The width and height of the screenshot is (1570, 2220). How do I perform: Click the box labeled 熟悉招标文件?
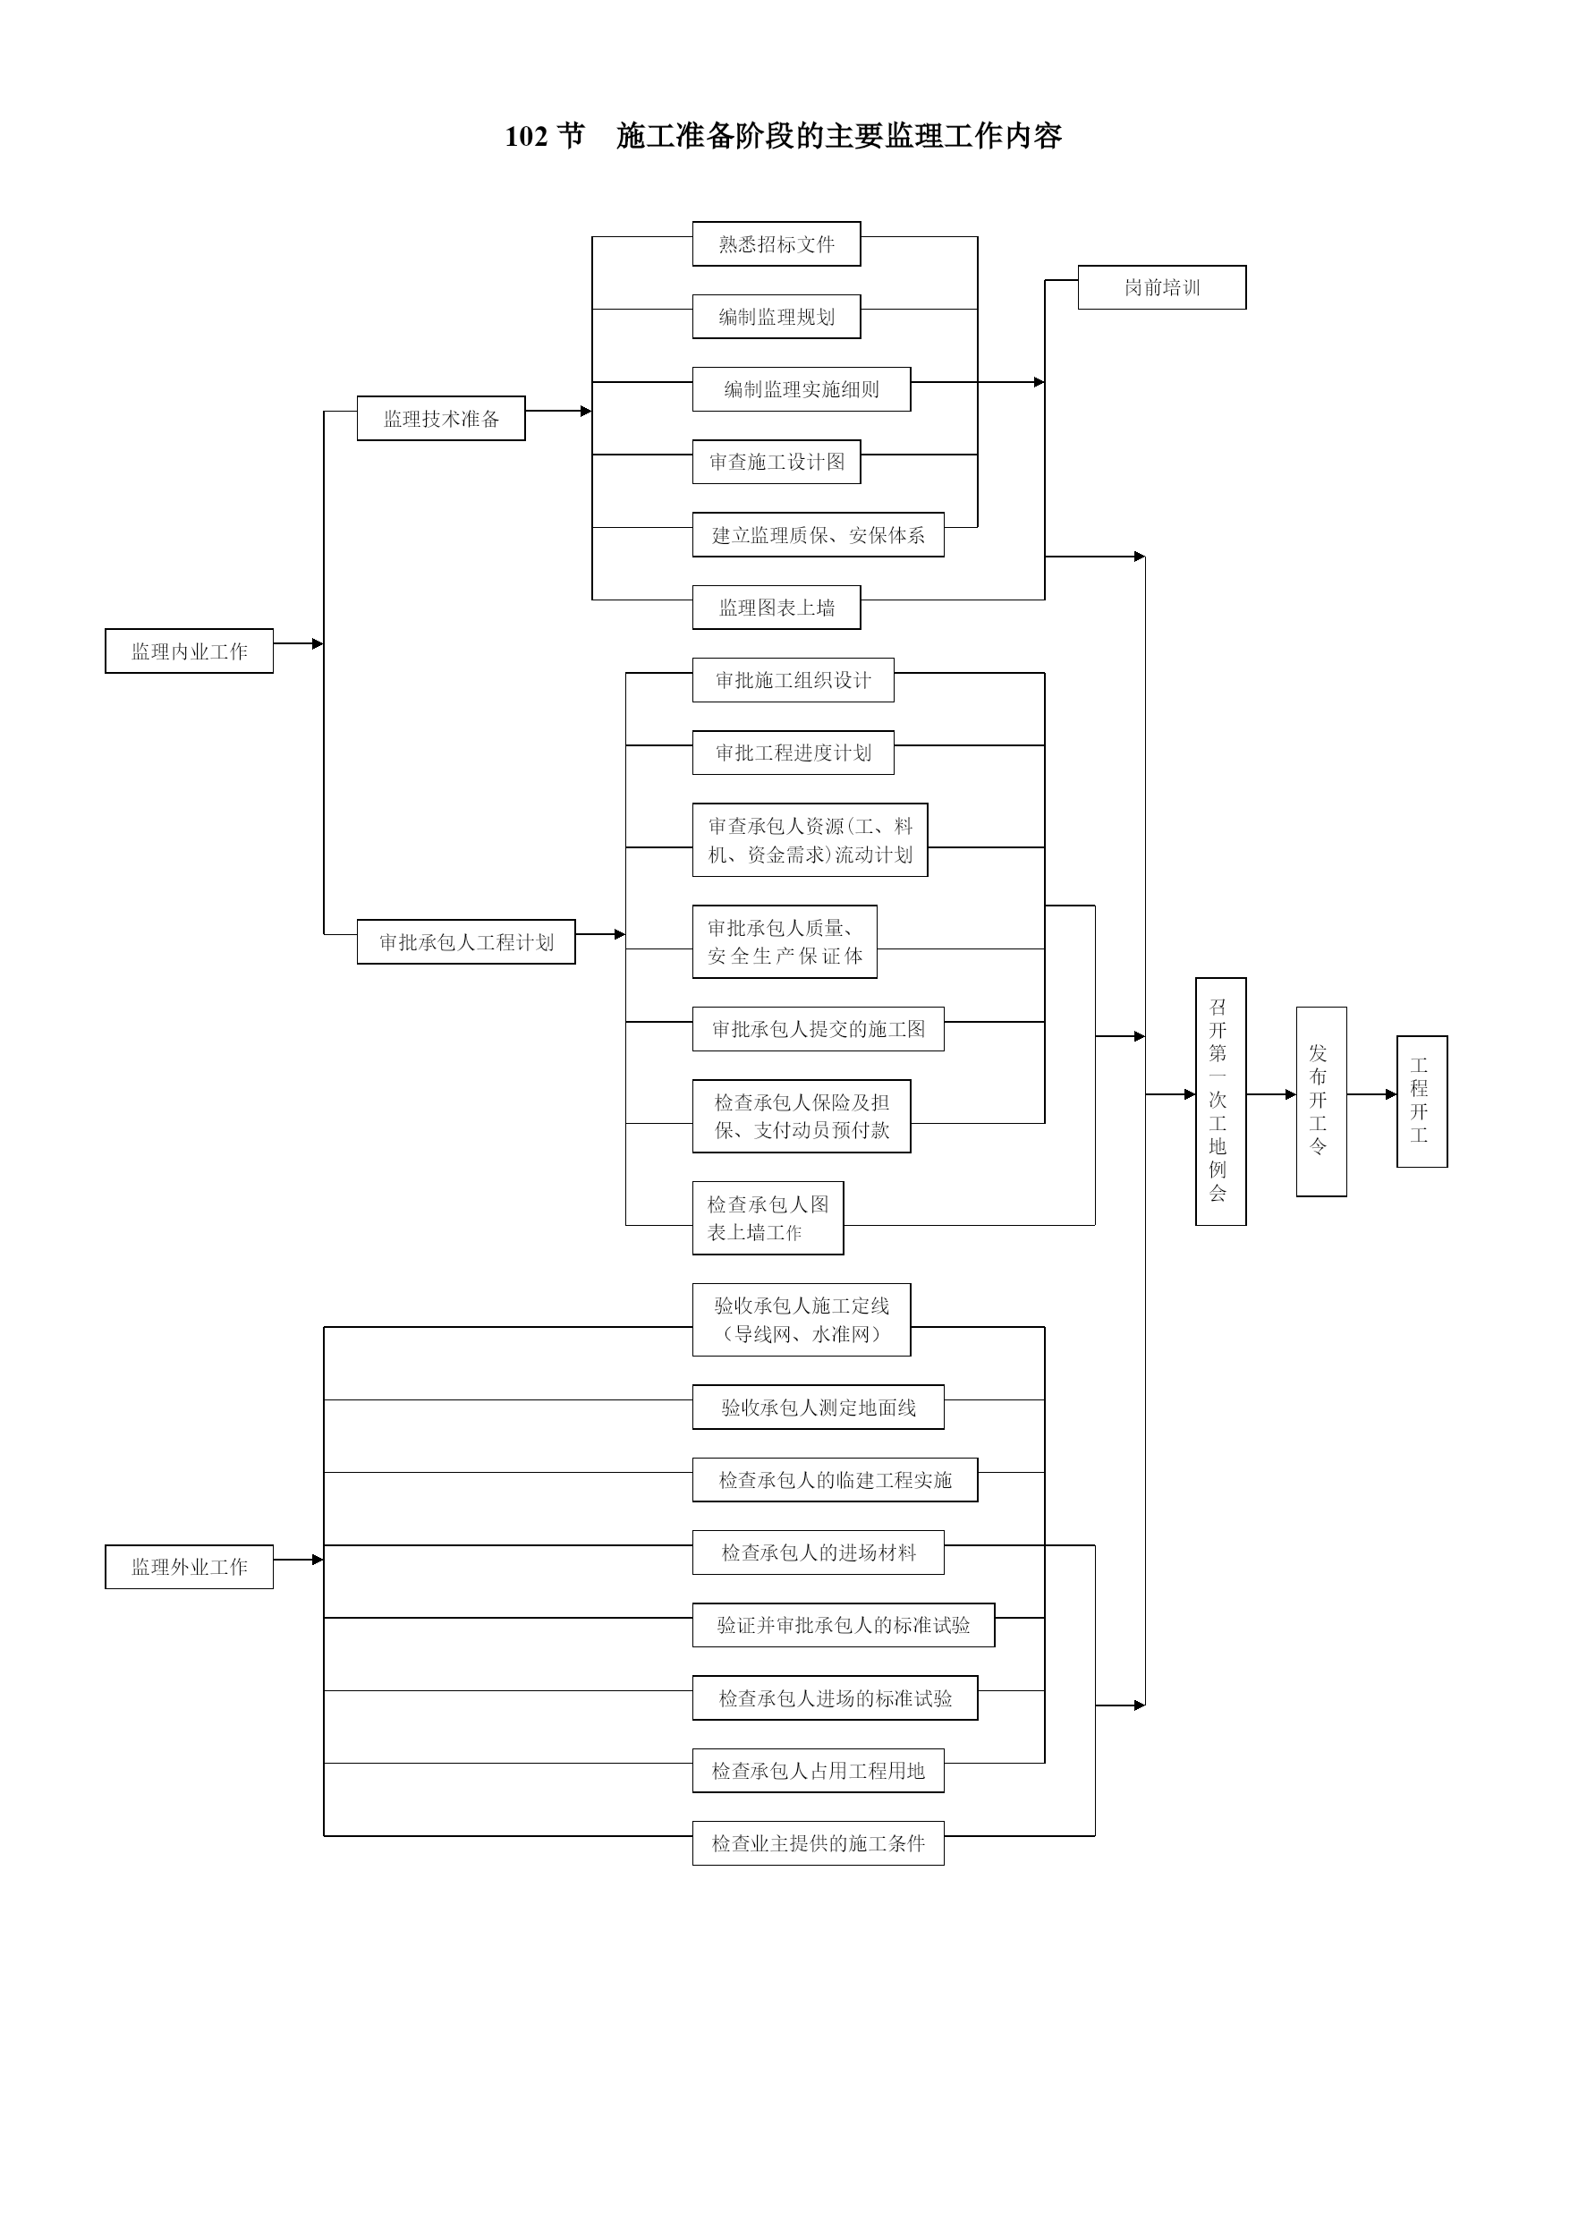(x=777, y=243)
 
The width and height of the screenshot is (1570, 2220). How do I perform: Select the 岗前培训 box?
(x=1162, y=287)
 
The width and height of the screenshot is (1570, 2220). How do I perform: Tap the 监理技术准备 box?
(x=441, y=419)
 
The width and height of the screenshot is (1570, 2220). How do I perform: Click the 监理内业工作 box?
(x=190, y=651)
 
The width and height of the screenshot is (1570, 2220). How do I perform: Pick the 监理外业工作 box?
(x=190, y=1567)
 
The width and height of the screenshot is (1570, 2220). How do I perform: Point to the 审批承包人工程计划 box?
(x=466, y=941)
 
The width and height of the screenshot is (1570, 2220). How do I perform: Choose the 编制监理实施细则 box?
(x=802, y=388)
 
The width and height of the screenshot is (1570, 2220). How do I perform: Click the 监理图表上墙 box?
(x=777, y=608)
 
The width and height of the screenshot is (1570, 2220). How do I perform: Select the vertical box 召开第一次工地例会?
(x=1221, y=1101)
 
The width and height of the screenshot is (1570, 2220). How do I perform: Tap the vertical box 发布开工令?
(x=1321, y=1101)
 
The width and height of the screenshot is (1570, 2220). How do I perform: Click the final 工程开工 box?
(x=1422, y=1101)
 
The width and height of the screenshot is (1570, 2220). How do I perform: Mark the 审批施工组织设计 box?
(x=793, y=680)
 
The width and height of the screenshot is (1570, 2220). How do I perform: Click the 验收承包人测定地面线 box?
(x=818, y=1407)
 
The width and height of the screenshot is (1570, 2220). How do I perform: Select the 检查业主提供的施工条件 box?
(x=818, y=1843)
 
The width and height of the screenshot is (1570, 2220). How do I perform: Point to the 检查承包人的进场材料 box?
(x=818, y=1552)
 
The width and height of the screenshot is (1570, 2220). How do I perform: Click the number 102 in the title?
(x=527, y=136)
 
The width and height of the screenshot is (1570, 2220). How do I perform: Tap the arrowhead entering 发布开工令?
(x=1291, y=1094)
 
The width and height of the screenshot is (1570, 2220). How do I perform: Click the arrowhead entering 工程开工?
(x=1391, y=1094)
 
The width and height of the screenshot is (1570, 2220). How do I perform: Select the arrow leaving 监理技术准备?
(x=559, y=411)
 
